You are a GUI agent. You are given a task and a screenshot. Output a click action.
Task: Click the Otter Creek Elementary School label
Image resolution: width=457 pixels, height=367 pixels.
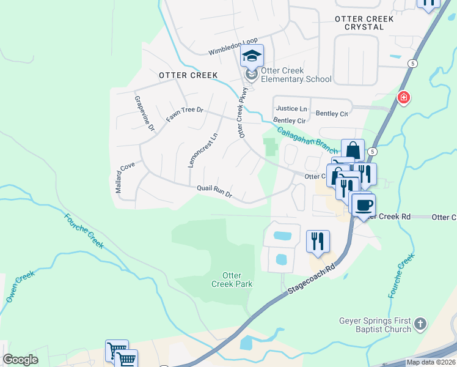pyautogui.click(x=296, y=75)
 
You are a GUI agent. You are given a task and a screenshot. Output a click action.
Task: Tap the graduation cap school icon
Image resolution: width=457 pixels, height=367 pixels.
pyautogui.click(x=252, y=56)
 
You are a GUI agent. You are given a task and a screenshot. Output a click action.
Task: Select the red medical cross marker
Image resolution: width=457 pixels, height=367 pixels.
pyautogui.click(x=403, y=97)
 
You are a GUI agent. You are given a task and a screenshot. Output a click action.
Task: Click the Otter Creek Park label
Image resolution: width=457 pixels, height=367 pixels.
pyautogui.click(x=232, y=280)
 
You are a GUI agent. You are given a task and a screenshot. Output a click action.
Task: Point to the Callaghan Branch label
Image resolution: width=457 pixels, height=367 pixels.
pyautogui.click(x=307, y=141)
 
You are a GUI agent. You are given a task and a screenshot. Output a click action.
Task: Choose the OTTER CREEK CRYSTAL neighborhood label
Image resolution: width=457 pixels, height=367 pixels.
pyautogui.click(x=364, y=23)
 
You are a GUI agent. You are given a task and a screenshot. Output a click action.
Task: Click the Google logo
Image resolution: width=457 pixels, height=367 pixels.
pyautogui.click(x=20, y=360)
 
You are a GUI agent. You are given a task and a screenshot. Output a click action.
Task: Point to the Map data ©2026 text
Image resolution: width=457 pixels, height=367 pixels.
pyautogui.click(x=430, y=362)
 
